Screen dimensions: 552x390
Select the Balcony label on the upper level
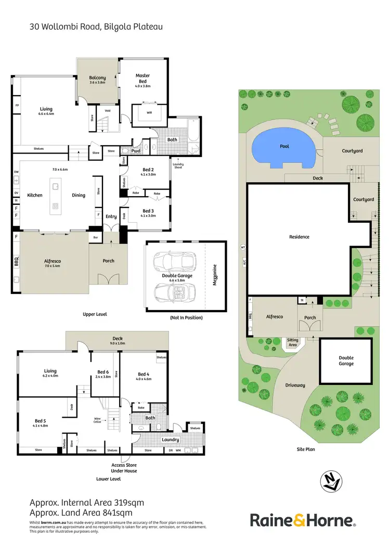pyautogui.click(x=97, y=78)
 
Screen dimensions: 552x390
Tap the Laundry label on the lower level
pyautogui.click(x=170, y=440)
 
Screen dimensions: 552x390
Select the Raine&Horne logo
pyautogui.click(x=303, y=520)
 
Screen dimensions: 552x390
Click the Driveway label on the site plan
pyautogui.click(x=295, y=385)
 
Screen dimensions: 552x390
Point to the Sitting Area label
pyautogui.click(x=292, y=343)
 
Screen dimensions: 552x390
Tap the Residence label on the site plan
pyautogui.click(x=299, y=237)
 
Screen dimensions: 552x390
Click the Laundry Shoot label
pyautogui.click(x=178, y=165)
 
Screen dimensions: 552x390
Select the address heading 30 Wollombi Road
pyautogui.click(x=96, y=26)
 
